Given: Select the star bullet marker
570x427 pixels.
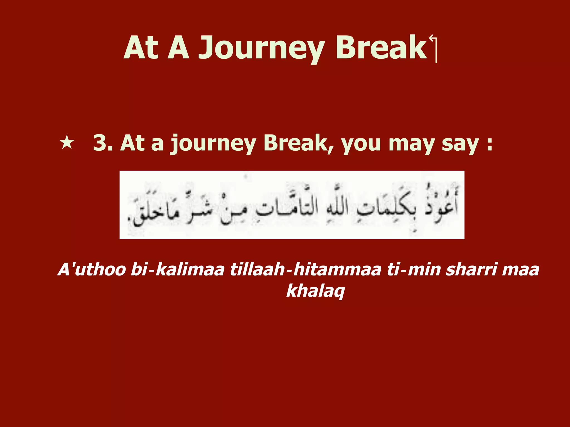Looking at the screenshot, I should click(67, 143).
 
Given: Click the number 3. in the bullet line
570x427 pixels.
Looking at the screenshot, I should click(103, 143).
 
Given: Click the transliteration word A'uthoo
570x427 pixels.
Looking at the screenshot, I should click(92, 270).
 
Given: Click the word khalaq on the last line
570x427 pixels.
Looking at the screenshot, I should click(316, 291).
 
